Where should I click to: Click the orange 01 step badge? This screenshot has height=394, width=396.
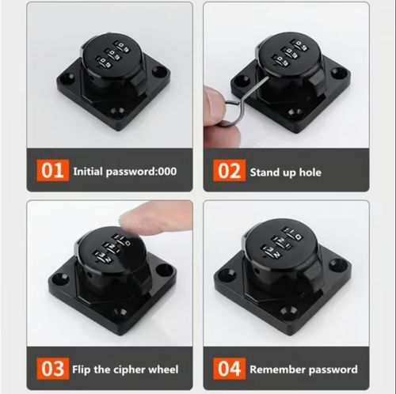51,171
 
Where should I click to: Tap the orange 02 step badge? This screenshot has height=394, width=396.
230,171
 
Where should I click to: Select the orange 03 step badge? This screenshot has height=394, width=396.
51,369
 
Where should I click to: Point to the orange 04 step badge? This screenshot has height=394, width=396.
230,369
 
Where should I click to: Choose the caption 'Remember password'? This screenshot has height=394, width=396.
303,369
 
